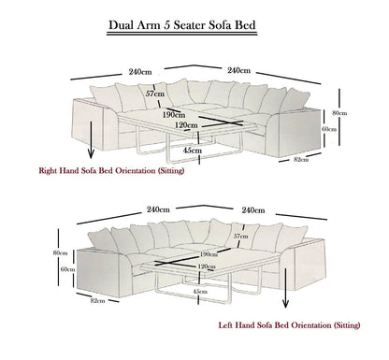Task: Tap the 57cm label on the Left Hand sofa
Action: tap(241, 237)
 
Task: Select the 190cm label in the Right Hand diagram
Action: tap(174, 114)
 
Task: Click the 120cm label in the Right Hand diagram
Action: tap(186, 125)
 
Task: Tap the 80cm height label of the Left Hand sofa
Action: tap(61, 253)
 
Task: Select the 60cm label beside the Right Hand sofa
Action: tap(328, 129)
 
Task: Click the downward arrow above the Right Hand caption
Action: tap(90, 149)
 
